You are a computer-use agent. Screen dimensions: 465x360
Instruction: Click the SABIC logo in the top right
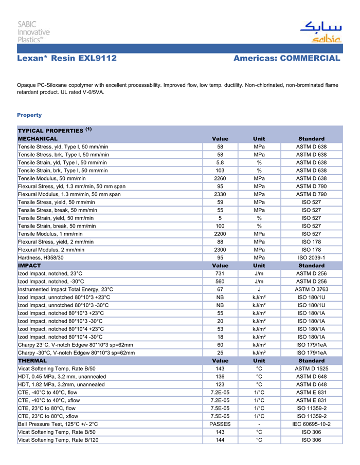320,32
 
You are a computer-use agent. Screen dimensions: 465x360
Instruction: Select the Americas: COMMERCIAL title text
287,58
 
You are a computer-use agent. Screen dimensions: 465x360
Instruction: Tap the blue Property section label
29,115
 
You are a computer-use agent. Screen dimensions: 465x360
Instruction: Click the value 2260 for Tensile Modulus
220,178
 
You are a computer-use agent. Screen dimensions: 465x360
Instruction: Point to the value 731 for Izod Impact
220,273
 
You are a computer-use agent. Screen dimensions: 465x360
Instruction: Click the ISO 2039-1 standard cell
311,257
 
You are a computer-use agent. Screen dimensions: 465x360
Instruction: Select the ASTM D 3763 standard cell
311,289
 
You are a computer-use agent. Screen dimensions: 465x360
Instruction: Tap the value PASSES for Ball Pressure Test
220,424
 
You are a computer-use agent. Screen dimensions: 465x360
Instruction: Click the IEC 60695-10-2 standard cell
311,424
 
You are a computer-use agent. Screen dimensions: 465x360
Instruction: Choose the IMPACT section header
29,266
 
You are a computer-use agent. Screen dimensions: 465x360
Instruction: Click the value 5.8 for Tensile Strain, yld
220,162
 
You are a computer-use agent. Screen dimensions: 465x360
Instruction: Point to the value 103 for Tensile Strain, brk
220,171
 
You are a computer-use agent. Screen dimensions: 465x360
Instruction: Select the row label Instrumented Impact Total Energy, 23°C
66,289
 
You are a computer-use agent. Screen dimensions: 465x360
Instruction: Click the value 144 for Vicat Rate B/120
220,440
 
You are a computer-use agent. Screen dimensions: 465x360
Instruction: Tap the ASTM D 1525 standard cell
311,368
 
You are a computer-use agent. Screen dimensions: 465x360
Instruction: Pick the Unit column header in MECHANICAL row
259,139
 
